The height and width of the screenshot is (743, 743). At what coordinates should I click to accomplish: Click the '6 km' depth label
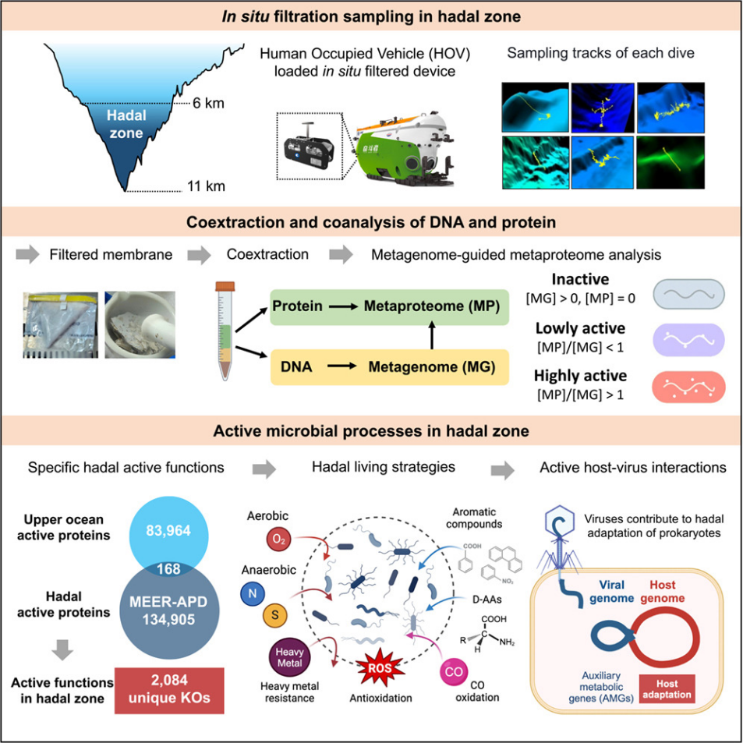coord(208,103)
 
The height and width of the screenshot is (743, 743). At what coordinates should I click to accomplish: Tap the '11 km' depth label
coord(206,186)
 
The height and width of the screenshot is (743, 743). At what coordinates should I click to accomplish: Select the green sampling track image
coord(670,162)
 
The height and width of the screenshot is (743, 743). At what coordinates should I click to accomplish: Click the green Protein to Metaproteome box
coord(390,306)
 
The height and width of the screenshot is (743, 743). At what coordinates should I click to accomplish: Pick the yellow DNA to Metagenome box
coord(390,367)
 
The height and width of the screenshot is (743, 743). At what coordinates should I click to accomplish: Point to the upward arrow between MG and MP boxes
coord(432,336)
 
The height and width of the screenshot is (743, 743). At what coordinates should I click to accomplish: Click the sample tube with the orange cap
coord(225,331)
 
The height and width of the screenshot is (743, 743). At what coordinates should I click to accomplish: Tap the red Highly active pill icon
coord(689,387)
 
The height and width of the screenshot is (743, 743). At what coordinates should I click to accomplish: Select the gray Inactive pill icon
coord(689,294)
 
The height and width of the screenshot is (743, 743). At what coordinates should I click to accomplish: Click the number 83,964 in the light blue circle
coord(168,530)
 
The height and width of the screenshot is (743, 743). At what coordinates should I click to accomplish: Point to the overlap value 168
coord(168,568)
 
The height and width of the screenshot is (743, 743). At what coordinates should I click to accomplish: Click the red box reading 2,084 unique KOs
coord(169,691)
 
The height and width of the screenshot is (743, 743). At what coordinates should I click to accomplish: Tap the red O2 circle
coord(279,540)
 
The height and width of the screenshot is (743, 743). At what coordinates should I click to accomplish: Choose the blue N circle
coord(253,594)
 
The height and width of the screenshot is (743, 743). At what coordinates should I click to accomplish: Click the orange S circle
coord(275,616)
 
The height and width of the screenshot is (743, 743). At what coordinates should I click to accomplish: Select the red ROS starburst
coord(380,668)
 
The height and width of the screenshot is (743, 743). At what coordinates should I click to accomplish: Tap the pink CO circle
coord(454,672)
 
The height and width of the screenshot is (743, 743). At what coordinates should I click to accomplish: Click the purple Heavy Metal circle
coord(289,658)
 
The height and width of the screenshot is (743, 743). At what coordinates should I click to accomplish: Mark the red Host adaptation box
coord(667,689)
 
